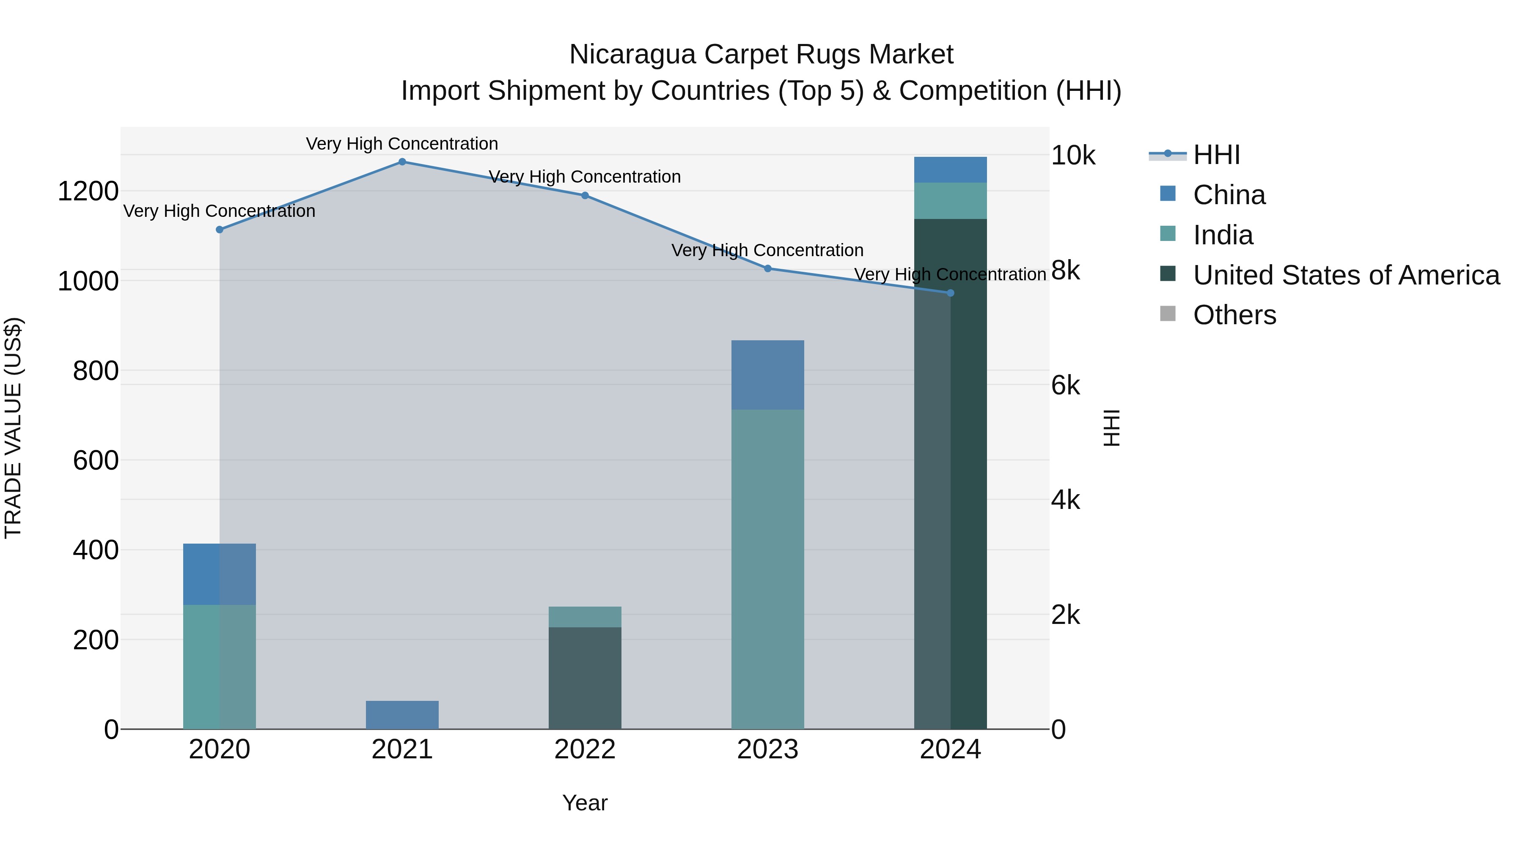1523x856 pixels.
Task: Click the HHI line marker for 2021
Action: point(402,162)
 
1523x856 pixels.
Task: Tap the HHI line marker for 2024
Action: point(951,293)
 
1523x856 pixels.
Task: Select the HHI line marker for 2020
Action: point(219,230)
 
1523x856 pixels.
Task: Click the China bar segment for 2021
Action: point(402,715)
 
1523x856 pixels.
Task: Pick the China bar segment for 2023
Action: point(768,375)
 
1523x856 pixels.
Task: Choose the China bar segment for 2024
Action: point(951,170)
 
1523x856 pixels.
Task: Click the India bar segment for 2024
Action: point(951,201)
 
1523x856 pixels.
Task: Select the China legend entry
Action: point(1229,195)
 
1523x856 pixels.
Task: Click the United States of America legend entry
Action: point(1346,275)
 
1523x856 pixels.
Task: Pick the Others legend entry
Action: point(1234,315)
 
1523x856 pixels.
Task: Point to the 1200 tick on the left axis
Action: point(88,191)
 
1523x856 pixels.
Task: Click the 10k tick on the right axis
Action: point(1073,156)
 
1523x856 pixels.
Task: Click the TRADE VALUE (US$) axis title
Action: point(14,428)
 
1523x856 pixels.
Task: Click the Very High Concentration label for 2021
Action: point(402,144)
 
